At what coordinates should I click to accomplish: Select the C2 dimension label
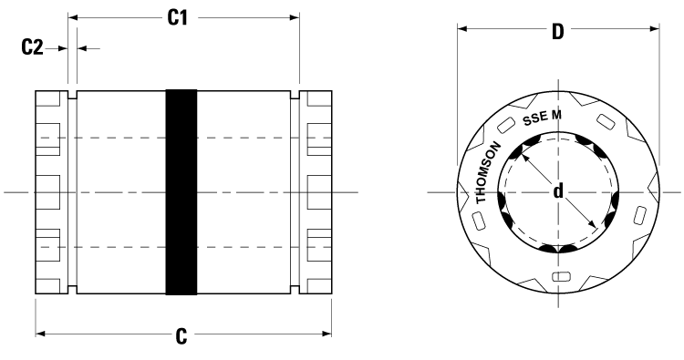(33, 47)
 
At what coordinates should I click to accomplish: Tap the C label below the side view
(182, 336)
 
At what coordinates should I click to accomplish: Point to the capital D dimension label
(557, 30)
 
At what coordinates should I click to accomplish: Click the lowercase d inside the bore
(557, 192)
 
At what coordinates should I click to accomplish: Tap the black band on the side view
(181, 192)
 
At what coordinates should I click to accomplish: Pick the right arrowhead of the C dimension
(326, 335)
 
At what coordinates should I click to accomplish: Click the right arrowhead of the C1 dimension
(293, 17)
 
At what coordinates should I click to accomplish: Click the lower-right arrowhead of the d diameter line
(594, 227)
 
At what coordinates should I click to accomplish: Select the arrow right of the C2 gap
(85, 47)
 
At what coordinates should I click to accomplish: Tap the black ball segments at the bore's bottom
(558, 249)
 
